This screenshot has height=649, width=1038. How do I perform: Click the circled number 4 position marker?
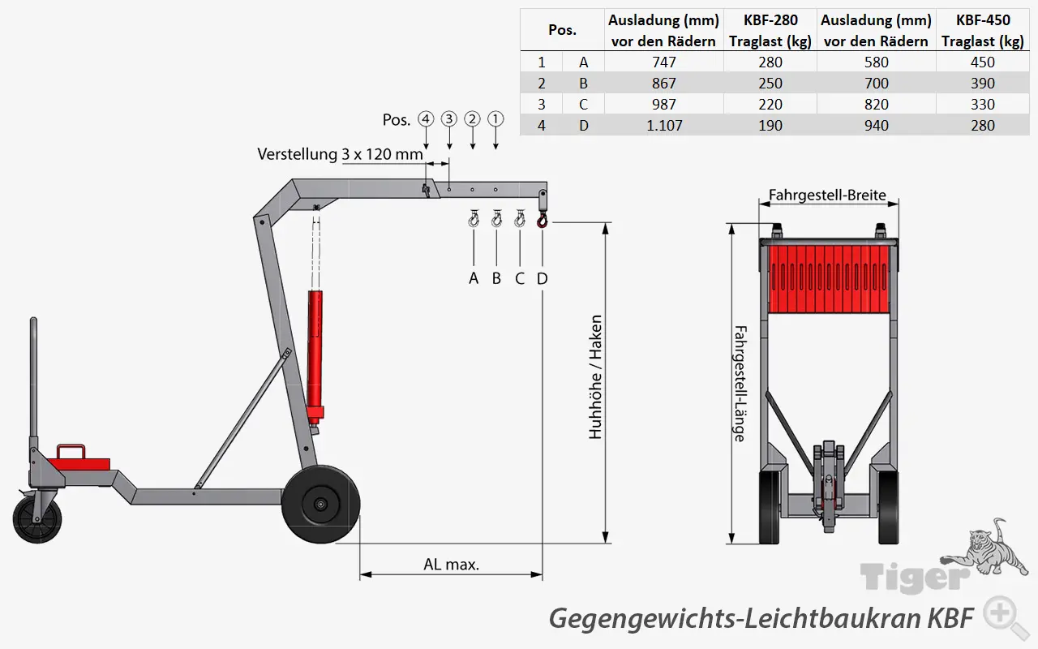(426, 118)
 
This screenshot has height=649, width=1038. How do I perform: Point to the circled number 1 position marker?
(495, 118)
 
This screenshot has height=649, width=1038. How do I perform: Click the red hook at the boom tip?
(543, 219)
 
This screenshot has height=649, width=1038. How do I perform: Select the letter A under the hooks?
(474, 278)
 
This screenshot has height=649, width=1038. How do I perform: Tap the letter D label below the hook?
(543, 278)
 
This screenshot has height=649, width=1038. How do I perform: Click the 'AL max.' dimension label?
(451, 564)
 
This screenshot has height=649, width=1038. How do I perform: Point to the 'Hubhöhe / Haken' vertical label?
(596, 377)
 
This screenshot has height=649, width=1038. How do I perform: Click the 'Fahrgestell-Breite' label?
(828, 195)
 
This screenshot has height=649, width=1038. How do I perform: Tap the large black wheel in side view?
(321, 505)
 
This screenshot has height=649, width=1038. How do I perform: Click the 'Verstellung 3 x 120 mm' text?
(341, 154)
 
